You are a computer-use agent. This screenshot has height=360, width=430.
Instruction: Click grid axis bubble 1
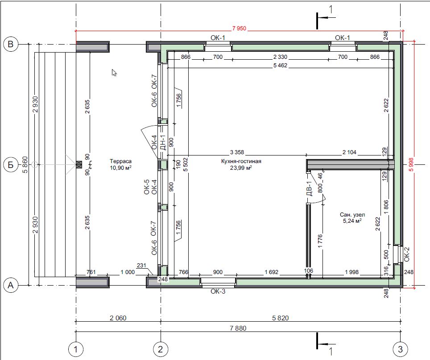pos(76,349)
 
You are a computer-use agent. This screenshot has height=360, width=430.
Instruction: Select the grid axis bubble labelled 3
pos(400,349)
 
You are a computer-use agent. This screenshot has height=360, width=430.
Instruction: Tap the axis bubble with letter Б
pos(11,164)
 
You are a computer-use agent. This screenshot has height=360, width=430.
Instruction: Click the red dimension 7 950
pos(239,28)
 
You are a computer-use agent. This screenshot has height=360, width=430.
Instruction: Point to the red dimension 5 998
pos(411,164)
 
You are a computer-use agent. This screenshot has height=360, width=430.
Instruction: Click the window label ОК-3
pos(218,291)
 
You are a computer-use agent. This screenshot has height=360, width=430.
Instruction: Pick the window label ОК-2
pos(407,254)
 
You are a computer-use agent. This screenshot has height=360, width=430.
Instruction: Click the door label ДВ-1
pos(309,188)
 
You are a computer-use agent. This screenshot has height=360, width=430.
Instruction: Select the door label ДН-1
pos(163,143)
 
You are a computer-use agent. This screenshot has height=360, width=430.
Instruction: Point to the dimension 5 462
pos(280,65)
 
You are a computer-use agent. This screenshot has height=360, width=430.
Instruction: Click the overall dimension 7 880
pos(238,328)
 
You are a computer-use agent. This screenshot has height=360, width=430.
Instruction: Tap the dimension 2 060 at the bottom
pos(118,318)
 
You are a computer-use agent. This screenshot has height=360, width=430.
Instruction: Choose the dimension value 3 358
pos(237,152)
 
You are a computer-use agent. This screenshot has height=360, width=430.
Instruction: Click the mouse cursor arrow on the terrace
pos(114,72)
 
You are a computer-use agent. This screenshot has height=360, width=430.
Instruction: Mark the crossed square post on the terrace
pos(79,164)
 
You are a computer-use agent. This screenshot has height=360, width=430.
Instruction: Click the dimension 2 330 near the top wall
pos(280,57)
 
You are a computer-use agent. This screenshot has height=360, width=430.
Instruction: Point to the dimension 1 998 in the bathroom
pos(352,272)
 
